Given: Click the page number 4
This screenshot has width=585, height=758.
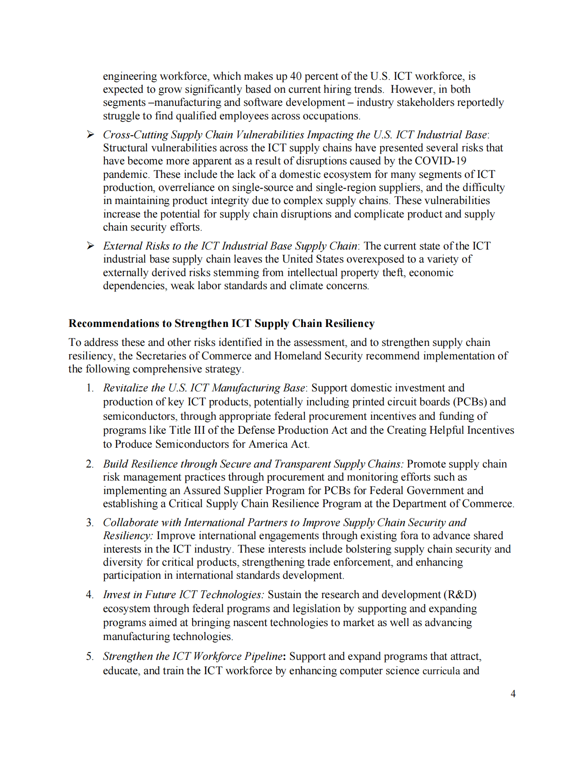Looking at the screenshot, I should (513, 694).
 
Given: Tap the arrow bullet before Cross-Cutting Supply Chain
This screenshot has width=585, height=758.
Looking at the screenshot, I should (90, 134).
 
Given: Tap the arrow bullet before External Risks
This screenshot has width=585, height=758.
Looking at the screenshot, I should (90, 245).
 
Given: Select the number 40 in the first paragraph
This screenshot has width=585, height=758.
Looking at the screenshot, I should (296, 76).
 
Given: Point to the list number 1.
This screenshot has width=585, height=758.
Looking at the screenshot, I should (90, 388).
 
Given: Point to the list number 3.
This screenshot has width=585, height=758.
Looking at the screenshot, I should (90, 522).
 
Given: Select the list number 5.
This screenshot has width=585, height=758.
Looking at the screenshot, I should (90, 656).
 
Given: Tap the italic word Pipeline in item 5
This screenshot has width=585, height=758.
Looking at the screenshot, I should (263, 656).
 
